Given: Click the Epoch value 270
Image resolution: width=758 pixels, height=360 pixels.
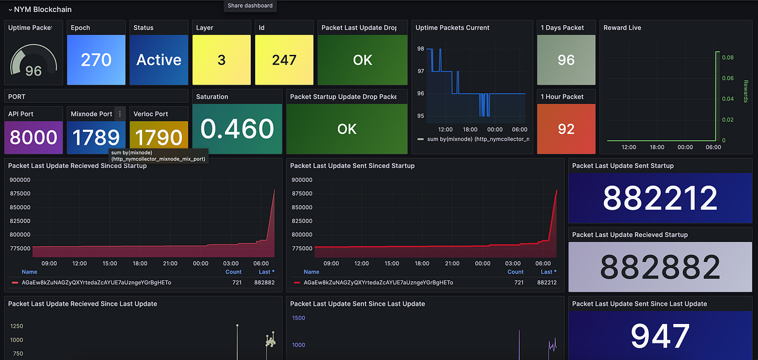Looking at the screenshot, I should [97, 60].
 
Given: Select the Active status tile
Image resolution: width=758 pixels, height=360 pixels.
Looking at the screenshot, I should [159, 60].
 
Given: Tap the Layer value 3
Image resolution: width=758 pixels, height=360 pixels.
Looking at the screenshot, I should [221, 60].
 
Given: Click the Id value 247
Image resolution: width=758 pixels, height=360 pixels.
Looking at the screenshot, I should [284, 60].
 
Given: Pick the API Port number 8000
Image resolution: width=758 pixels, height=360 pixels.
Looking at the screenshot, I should [34, 137].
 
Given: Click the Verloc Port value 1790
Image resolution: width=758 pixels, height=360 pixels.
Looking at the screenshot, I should [159, 137].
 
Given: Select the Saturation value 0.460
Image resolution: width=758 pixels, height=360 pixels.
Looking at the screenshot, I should [237, 129].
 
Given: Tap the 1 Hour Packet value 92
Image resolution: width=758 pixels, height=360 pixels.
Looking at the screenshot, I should [566, 129].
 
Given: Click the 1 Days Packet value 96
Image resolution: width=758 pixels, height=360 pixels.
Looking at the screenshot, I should [566, 60].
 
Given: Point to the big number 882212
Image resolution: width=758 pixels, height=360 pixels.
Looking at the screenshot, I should [660, 198].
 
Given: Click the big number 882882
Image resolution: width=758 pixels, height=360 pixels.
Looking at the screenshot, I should [660, 267].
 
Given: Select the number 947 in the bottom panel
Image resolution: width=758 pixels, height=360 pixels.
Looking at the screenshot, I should [660, 336].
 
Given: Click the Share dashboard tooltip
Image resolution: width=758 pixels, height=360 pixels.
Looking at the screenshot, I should [250, 6].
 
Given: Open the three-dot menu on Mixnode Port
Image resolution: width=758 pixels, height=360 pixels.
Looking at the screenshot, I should [120, 114].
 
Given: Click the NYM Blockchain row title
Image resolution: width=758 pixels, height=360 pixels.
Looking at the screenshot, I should [41, 9].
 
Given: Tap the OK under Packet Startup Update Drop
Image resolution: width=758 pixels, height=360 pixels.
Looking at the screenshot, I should [347, 129].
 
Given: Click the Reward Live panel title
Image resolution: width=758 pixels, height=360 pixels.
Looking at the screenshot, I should [622, 28].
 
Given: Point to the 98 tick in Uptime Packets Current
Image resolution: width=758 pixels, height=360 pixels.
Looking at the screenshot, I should [421, 49].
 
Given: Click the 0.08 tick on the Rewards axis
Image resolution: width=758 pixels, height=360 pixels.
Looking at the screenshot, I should [728, 57].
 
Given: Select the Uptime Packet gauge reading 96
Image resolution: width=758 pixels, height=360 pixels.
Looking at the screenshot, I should [33, 71].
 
